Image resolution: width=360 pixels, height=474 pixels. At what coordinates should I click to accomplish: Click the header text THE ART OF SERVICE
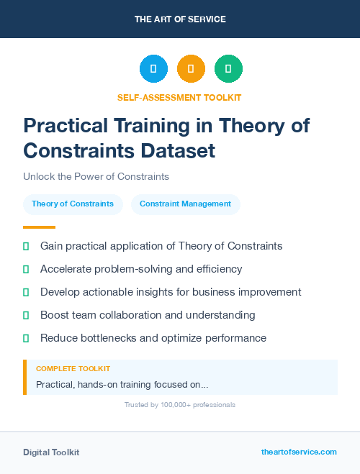point(180,19)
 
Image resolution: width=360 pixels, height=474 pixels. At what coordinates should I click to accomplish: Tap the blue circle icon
point(153,69)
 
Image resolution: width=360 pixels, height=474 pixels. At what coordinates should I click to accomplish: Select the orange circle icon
point(191,69)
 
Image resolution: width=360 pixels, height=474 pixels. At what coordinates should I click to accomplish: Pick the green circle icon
point(228,69)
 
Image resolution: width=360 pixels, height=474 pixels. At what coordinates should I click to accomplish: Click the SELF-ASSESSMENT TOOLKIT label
point(179,97)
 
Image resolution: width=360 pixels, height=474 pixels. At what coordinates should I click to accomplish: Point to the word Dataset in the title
point(179,151)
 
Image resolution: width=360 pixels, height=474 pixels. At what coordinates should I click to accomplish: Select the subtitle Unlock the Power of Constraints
point(96,176)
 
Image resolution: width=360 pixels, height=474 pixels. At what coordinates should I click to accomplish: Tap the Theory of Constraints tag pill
point(73,204)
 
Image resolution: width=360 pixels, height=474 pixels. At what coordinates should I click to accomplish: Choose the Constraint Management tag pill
point(185,204)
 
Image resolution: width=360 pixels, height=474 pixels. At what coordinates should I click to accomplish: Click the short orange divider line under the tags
point(39,227)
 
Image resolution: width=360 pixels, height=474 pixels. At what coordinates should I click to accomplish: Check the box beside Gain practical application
point(26,246)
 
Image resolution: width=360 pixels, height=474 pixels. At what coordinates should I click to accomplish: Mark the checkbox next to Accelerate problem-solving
point(26,269)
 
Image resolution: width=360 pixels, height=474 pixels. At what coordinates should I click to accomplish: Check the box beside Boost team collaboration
point(26,315)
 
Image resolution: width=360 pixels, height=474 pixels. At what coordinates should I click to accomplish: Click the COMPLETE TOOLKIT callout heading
point(73,368)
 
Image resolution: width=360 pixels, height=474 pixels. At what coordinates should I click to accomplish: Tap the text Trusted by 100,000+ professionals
point(180,405)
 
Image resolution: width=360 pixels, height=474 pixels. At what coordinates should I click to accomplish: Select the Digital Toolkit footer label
point(51,452)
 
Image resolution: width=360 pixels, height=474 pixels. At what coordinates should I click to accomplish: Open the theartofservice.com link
point(299,452)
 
